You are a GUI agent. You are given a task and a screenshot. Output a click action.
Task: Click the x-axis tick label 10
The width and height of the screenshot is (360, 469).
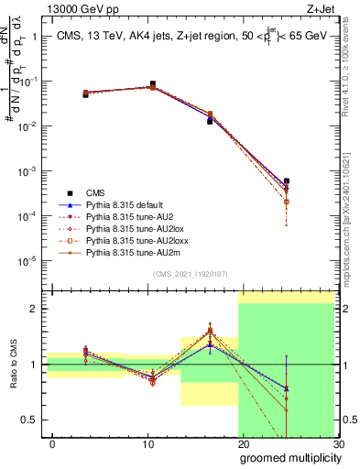(147, 443)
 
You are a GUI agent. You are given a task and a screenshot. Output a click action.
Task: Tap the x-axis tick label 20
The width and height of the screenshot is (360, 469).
(243, 443)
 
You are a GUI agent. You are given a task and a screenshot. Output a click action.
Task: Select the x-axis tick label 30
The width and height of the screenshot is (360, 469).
(337, 443)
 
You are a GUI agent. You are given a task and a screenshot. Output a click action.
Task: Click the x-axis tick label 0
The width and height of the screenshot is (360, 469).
(52, 443)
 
